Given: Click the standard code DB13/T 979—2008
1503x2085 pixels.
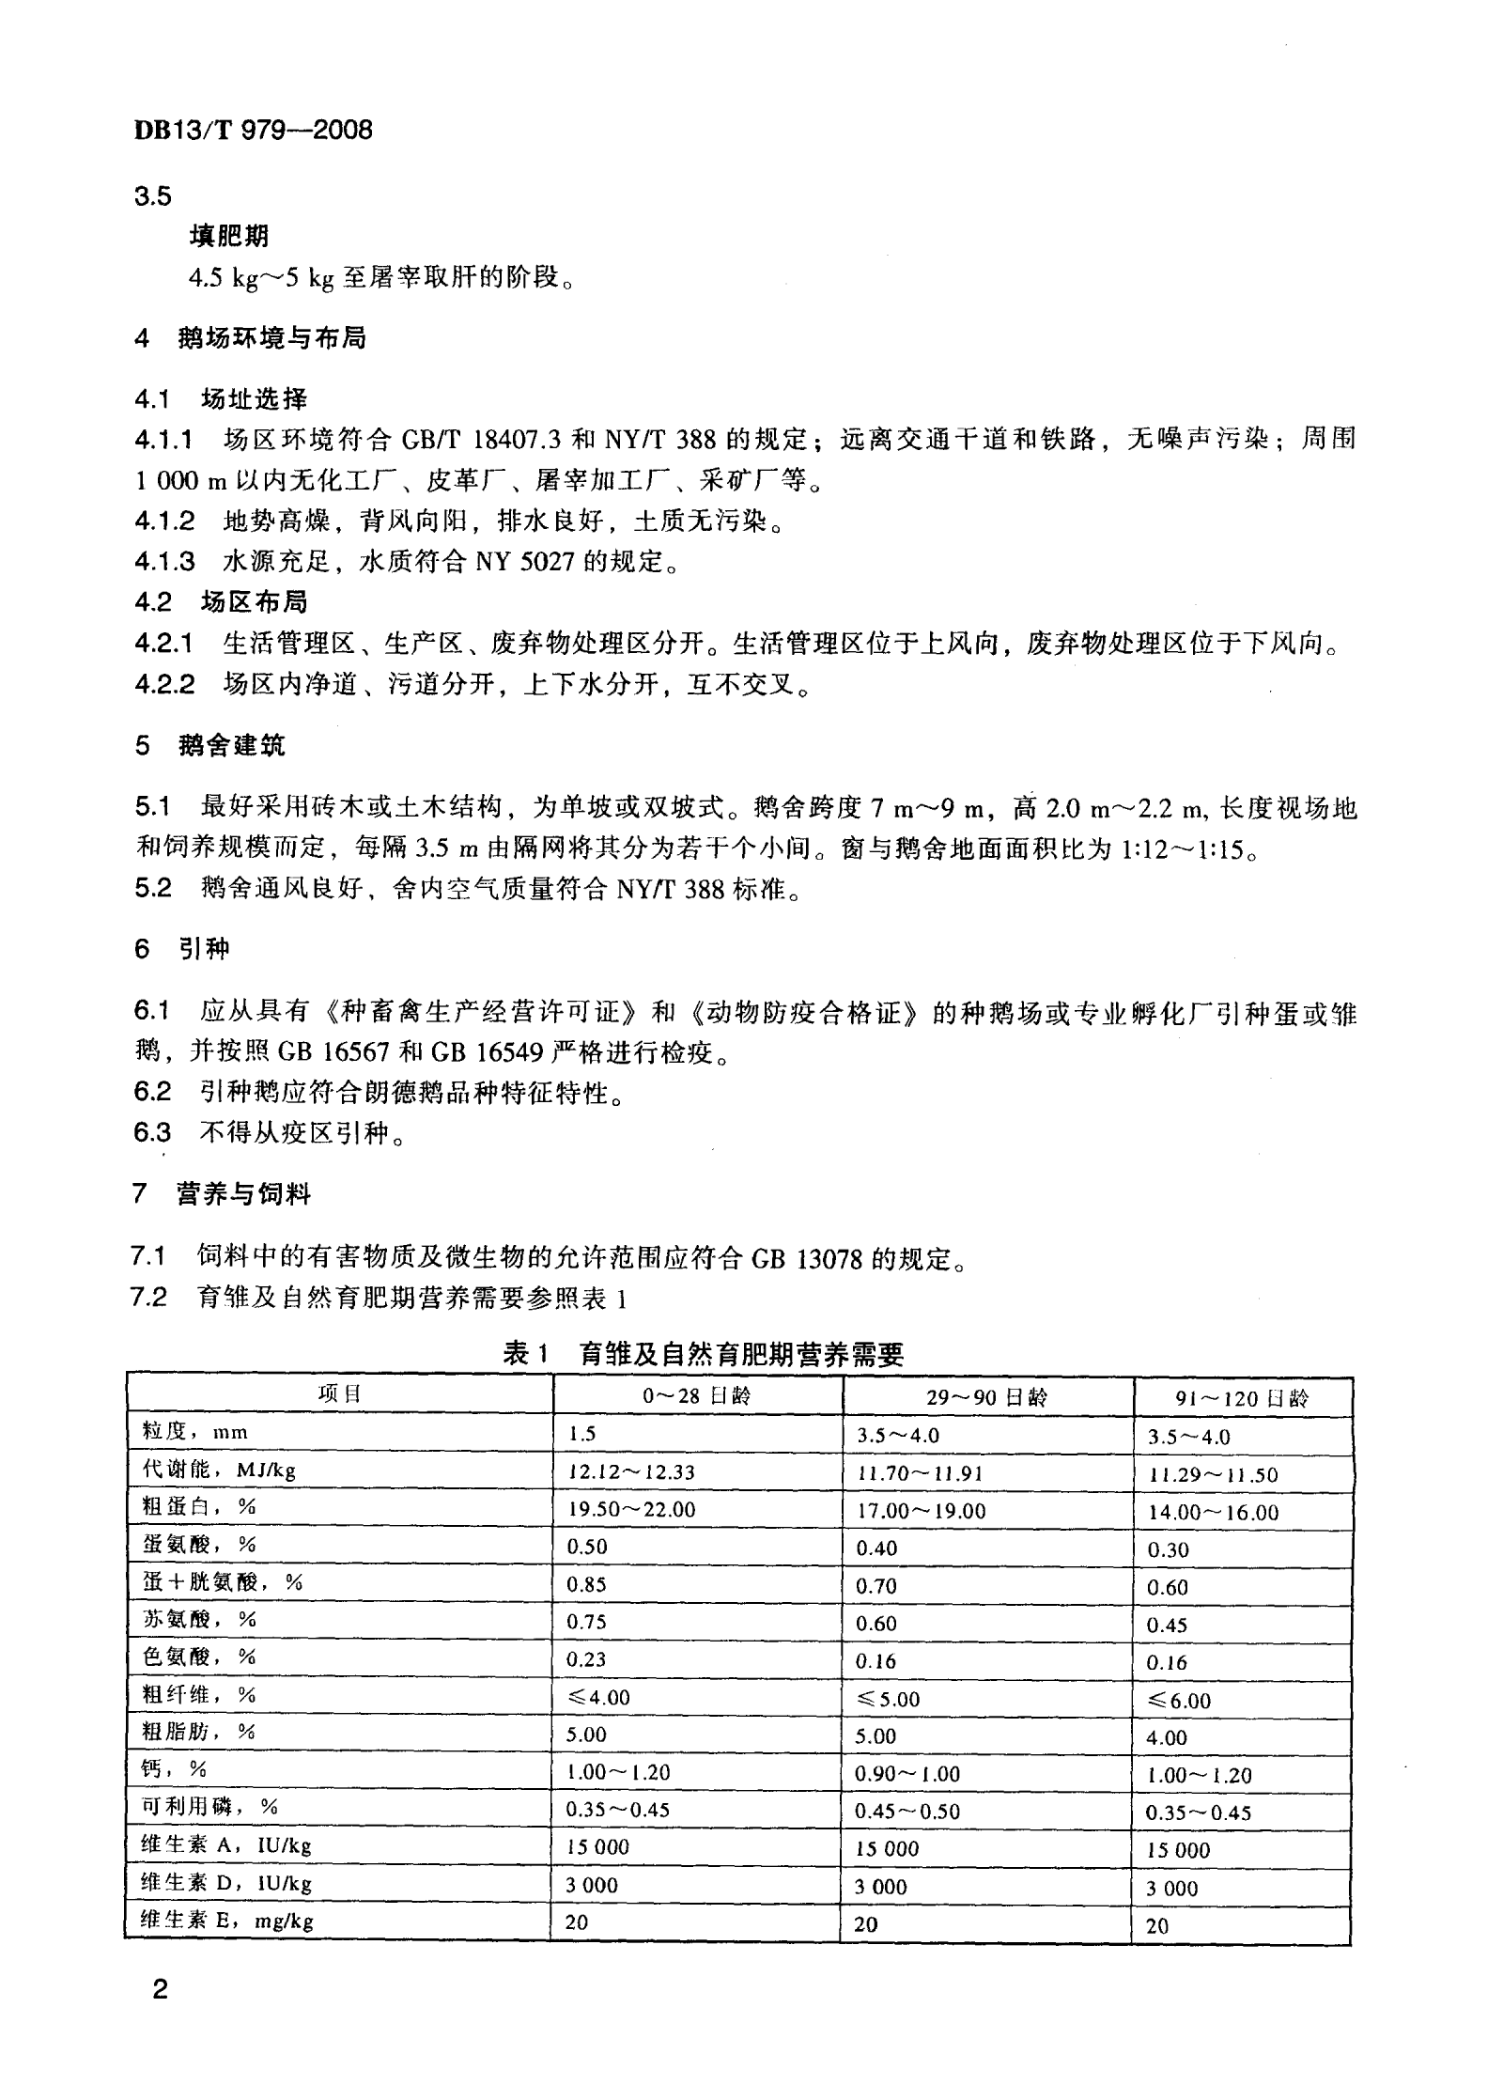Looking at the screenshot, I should tap(253, 131).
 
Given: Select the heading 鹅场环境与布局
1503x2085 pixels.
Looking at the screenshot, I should tap(271, 338).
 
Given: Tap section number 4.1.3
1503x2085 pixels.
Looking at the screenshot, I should tap(164, 562).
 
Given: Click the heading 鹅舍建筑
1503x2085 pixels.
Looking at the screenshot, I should tap(231, 745).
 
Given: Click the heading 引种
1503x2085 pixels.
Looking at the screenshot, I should tap(204, 949).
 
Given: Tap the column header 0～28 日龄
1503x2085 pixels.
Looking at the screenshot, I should tap(697, 1395).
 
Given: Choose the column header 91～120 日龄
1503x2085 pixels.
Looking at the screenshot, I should tap(1241, 1398).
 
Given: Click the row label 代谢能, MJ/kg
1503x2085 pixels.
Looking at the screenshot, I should tap(219, 1470).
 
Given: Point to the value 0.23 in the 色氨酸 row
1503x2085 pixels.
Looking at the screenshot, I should tap(586, 1659).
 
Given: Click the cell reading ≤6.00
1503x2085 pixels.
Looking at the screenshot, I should tap(1178, 1700).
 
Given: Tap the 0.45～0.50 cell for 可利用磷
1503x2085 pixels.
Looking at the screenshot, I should tap(907, 1812).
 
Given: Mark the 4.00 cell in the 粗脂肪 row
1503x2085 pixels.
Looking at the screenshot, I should tap(1167, 1737).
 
